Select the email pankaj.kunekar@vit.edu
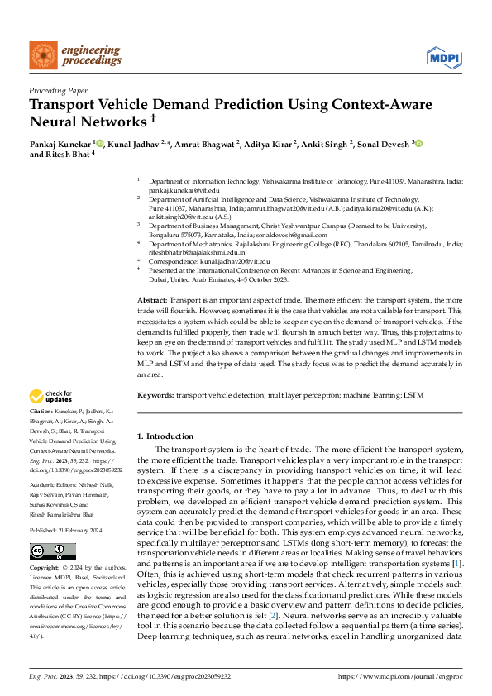click(x=183, y=189)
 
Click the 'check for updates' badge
click(x=53, y=395)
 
